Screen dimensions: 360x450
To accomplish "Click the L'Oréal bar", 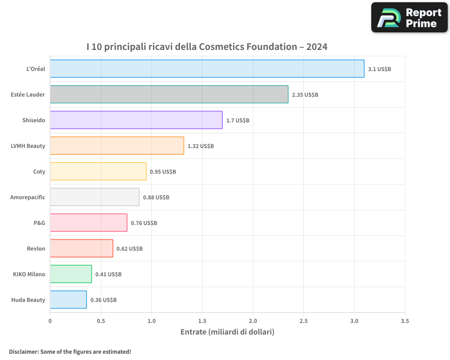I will coord(207,68).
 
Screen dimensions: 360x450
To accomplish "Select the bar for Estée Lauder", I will coord(169,94).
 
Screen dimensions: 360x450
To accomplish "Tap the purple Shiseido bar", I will coord(136,120).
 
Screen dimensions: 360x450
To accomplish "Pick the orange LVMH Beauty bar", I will coord(117,145).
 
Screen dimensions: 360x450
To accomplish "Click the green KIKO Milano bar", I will coord(71,274).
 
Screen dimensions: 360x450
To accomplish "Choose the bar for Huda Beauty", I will coord(68,299).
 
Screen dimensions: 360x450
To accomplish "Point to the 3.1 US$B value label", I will coord(379,69).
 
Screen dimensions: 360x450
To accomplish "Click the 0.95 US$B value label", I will coord(163,171).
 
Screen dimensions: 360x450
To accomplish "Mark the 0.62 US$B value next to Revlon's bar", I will coord(130,248).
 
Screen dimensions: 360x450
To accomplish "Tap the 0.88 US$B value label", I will coord(156,197).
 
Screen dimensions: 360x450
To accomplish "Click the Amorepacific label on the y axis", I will coord(27,197).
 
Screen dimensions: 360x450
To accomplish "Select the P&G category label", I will coord(39,223).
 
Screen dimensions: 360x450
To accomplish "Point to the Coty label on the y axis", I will coord(39,171).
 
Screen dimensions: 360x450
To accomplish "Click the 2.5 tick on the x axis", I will coord(304,321).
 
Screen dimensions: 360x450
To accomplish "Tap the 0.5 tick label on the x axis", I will coord(101,321).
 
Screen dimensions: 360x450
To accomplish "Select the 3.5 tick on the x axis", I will coord(405,321).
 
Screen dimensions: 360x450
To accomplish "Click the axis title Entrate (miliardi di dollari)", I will coord(227,332).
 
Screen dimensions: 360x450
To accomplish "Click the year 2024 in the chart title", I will coord(317,47).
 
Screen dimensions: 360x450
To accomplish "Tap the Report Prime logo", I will coord(409,18).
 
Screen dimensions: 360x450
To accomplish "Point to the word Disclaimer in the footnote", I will coord(23,351).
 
